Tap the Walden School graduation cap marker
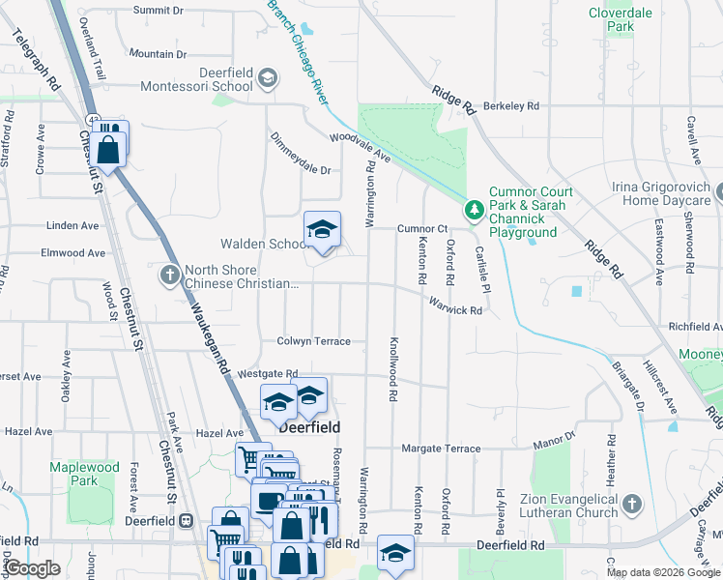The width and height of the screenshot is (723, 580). [323, 230]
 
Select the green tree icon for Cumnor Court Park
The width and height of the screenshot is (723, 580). [475, 209]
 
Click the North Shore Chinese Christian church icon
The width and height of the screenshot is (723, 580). [170, 275]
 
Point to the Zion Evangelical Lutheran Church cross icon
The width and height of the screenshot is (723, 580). [631, 504]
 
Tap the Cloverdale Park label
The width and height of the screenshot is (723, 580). [619, 19]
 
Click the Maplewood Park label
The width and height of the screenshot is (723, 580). [84, 474]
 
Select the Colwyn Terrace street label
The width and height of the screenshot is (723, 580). [313, 341]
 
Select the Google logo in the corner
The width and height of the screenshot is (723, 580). [31, 568]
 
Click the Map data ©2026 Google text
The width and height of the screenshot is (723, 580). [663, 572]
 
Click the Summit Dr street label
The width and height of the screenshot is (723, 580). [158, 10]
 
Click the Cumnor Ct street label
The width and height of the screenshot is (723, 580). [422, 229]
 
